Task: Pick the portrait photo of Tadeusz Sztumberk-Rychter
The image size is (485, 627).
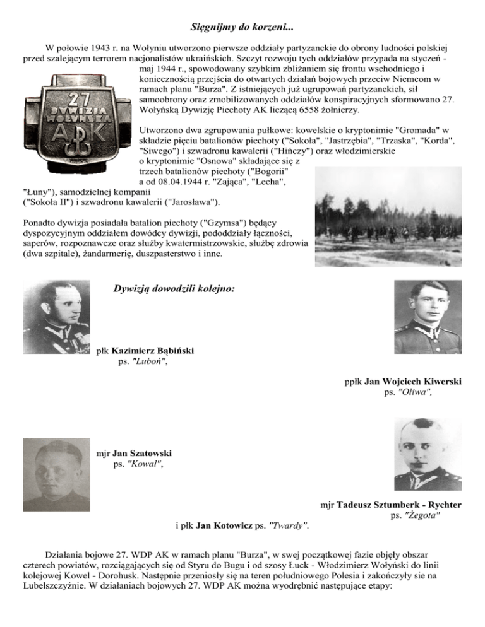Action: (428, 454)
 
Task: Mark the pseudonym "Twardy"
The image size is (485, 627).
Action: (292, 525)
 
